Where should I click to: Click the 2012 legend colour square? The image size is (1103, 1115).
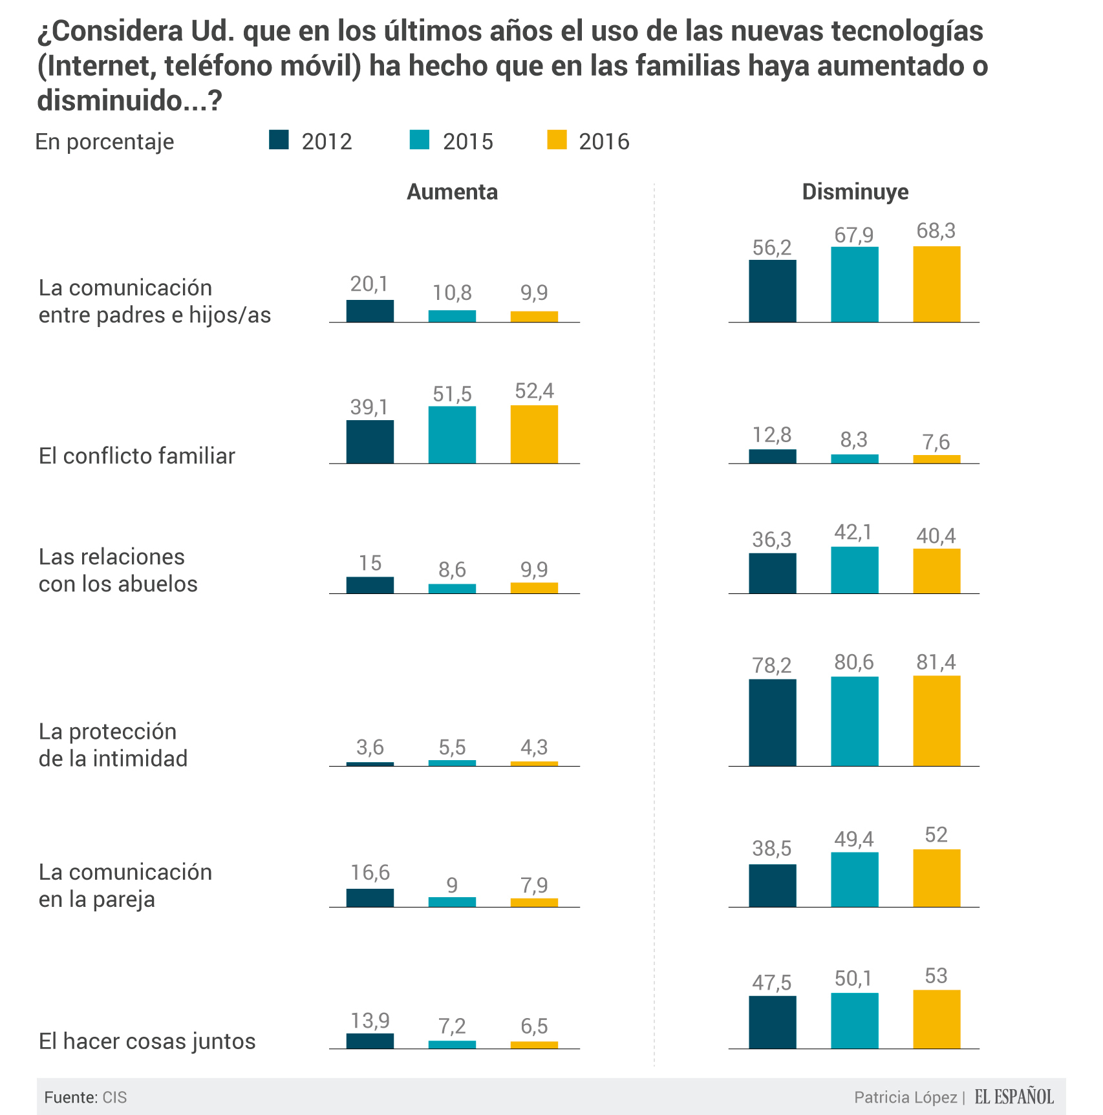click(x=279, y=140)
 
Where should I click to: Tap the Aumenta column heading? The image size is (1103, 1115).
click(x=452, y=192)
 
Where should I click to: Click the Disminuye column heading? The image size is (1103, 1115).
click(x=855, y=192)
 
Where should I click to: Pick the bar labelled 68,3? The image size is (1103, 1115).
click(x=936, y=284)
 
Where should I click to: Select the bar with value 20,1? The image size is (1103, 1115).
click(x=370, y=311)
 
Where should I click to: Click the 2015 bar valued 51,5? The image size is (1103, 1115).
click(x=452, y=435)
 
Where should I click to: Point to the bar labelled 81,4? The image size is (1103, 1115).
click(x=936, y=721)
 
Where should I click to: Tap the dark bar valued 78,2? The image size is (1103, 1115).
click(x=773, y=723)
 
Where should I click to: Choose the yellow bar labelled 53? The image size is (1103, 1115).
click(x=936, y=1019)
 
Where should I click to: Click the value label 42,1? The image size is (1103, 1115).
click(x=854, y=533)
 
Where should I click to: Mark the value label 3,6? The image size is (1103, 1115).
click(x=370, y=748)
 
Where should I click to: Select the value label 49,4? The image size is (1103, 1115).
click(x=854, y=840)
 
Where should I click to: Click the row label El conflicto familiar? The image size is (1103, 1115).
click(x=137, y=456)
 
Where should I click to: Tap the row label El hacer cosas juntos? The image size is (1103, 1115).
click(x=147, y=1041)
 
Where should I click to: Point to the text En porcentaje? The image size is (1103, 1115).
click(x=105, y=142)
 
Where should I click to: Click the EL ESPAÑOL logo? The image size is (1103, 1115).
click(x=1014, y=1096)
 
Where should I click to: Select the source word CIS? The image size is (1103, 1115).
click(x=114, y=1098)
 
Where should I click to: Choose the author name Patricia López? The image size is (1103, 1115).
click(x=905, y=1098)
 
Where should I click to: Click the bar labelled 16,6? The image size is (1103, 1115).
click(x=370, y=898)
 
